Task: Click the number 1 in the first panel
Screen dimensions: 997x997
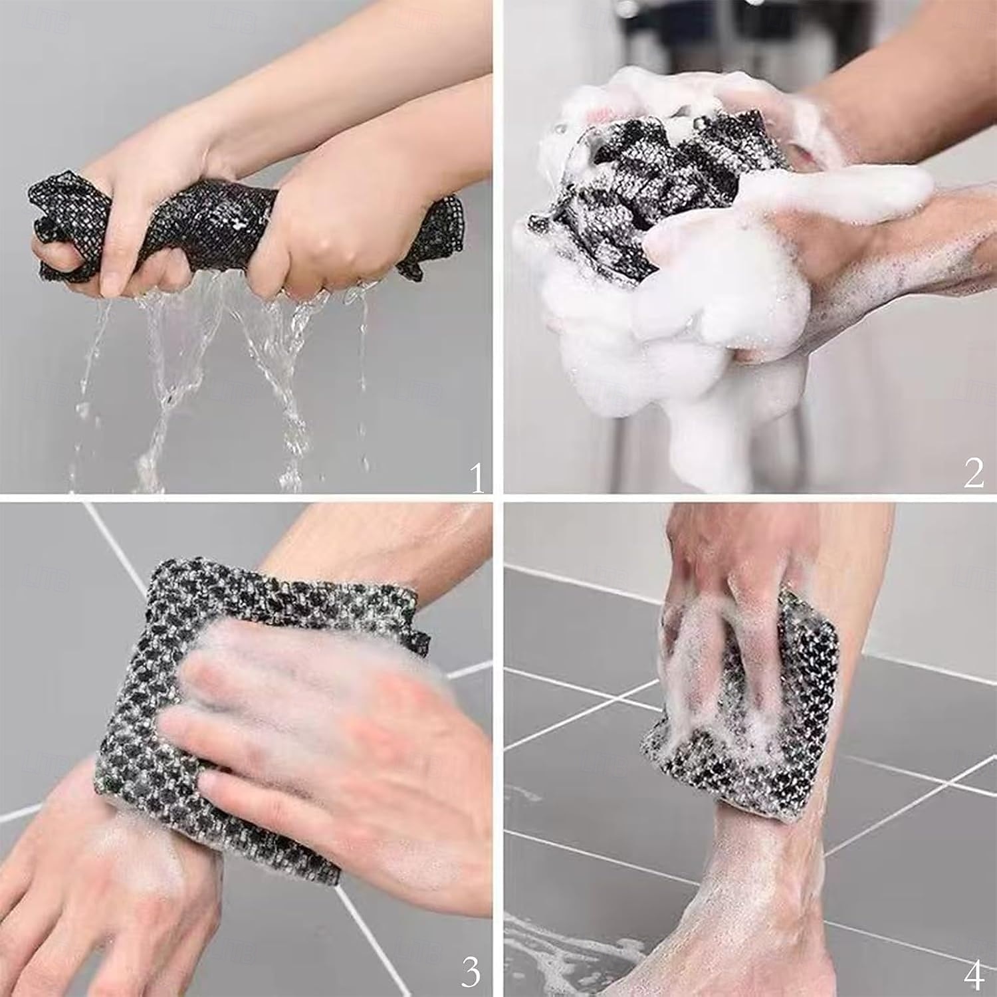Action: coord(477,479)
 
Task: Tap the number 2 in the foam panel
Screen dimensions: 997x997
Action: coord(974,473)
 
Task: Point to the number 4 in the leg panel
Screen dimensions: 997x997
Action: coord(974,974)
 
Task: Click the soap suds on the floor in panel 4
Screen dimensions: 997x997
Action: coord(572,957)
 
